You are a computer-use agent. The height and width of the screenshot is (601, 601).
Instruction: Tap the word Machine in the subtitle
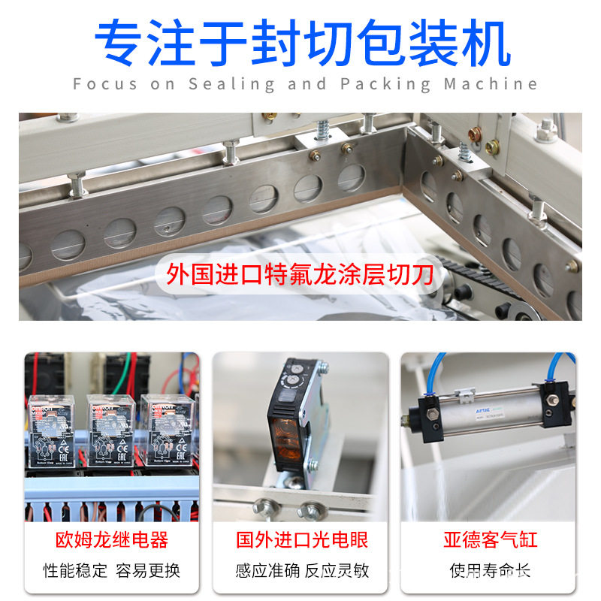(x=491, y=83)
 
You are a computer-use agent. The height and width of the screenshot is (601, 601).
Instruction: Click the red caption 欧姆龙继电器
(x=112, y=539)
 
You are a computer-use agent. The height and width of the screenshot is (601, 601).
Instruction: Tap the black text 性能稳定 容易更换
(x=112, y=571)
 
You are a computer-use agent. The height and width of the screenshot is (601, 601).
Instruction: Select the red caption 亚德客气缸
(x=490, y=539)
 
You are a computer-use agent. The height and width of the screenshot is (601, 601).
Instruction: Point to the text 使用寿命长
(x=490, y=571)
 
